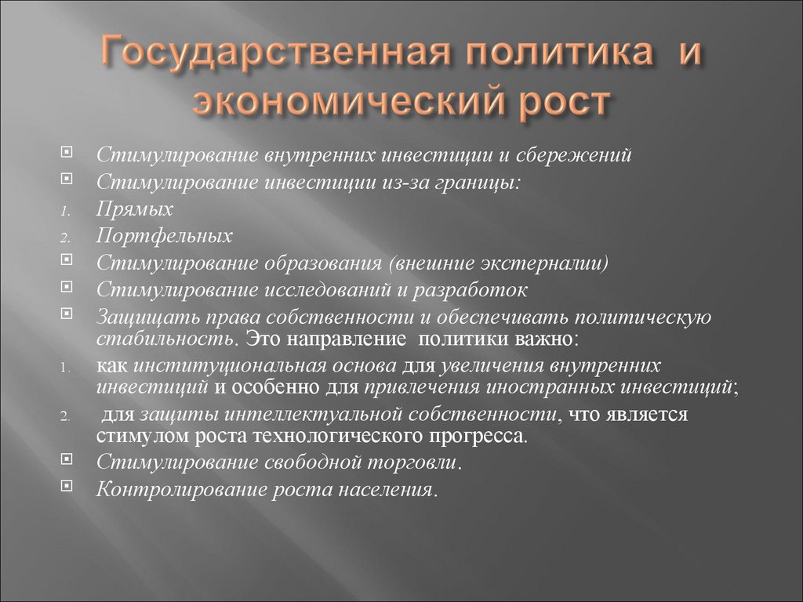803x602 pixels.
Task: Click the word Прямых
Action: (x=135, y=210)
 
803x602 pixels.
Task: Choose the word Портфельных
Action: (x=164, y=236)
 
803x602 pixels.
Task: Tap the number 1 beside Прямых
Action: (x=65, y=212)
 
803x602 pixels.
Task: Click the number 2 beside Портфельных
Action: (x=65, y=238)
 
